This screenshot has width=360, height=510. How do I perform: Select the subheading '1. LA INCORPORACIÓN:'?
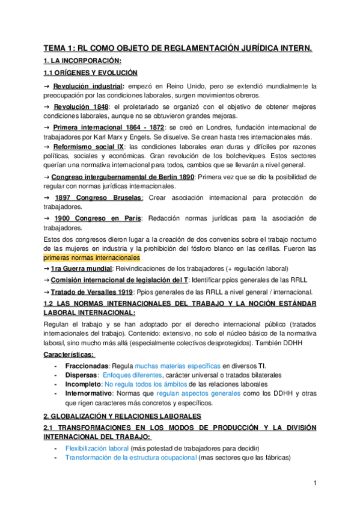tap(82, 61)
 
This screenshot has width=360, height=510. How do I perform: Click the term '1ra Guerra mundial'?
tap(90, 268)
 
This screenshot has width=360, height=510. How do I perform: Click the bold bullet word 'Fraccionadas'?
tap(87, 366)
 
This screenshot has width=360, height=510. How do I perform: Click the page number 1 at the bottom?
tap(314, 484)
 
